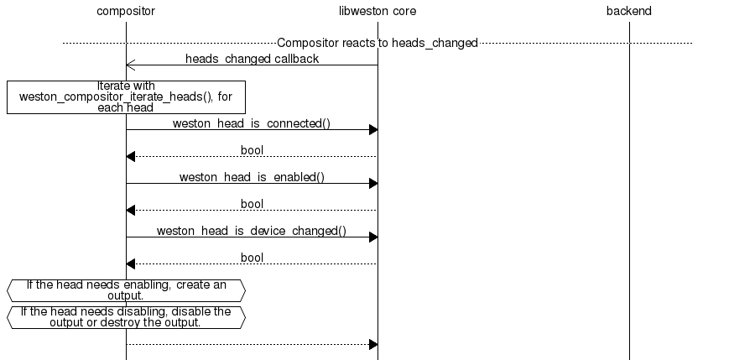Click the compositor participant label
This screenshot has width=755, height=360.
pyautogui.click(x=126, y=12)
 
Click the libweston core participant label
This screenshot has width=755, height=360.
pyautogui.click(x=377, y=12)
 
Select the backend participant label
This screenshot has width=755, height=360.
pyautogui.click(x=628, y=12)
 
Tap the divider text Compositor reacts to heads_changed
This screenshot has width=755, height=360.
pyautogui.click(x=377, y=43)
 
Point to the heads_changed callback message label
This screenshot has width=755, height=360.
pyautogui.click(x=252, y=59)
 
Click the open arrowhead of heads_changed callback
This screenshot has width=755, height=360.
pyautogui.click(x=130, y=65)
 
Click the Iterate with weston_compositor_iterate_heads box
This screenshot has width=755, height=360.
pyautogui.click(x=126, y=97)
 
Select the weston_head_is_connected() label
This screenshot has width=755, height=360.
pyautogui.click(x=252, y=123)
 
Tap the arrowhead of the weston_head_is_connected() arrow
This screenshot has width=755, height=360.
pyautogui.click(x=373, y=129)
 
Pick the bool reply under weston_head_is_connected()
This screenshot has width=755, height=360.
pyautogui.click(x=252, y=150)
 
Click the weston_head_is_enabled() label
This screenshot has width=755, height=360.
pyautogui.click(x=252, y=177)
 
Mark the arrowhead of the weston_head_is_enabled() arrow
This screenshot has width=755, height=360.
pyautogui.click(x=373, y=183)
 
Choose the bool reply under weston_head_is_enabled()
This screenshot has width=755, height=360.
pyautogui.click(x=252, y=204)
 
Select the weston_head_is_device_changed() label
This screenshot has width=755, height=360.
pyautogui.click(x=252, y=231)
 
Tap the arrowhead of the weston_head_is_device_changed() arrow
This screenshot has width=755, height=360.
pyautogui.click(x=373, y=237)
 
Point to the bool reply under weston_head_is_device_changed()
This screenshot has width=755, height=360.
pyautogui.click(x=252, y=258)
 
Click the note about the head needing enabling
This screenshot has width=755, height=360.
pyautogui.click(x=126, y=290)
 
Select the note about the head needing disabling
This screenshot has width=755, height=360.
pyautogui.click(x=126, y=317)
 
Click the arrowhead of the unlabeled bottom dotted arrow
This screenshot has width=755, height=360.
pyautogui.click(x=373, y=344)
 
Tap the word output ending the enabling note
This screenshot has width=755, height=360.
pyautogui.click(x=124, y=296)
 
